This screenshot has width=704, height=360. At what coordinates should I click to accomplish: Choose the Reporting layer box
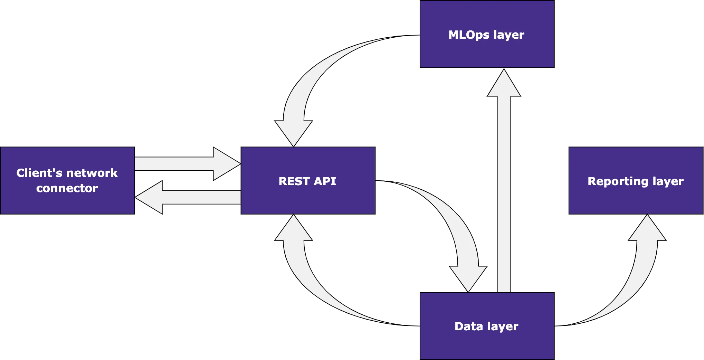pyautogui.click(x=636, y=199)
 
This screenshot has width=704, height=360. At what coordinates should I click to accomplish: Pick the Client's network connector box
pyautogui.click(x=67, y=204)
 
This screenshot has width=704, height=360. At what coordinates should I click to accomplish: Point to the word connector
pyautogui.click(x=67, y=188)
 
